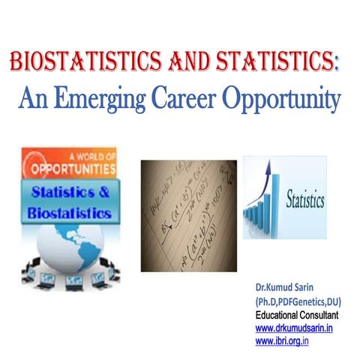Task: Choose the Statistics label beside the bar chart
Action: (x=305, y=201)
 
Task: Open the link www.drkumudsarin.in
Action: (x=294, y=328)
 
